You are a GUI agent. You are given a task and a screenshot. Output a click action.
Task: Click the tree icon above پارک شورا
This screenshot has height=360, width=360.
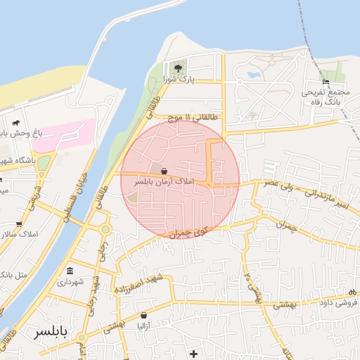click(x=177, y=68)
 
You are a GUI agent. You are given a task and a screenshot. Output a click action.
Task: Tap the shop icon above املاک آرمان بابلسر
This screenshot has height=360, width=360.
click(x=164, y=171)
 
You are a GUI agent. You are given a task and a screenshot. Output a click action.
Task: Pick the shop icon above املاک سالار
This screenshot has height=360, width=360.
click(x=18, y=225)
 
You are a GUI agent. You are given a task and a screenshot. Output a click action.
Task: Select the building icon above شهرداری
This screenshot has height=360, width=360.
click(x=70, y=271)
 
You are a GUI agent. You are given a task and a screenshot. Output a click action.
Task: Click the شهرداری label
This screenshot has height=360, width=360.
click(x=70, y=282)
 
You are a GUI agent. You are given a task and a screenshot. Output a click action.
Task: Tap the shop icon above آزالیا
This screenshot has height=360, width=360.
click(x=143, y=316)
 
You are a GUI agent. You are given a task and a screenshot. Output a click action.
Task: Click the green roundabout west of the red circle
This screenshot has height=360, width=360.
click(x=105, y=229)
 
